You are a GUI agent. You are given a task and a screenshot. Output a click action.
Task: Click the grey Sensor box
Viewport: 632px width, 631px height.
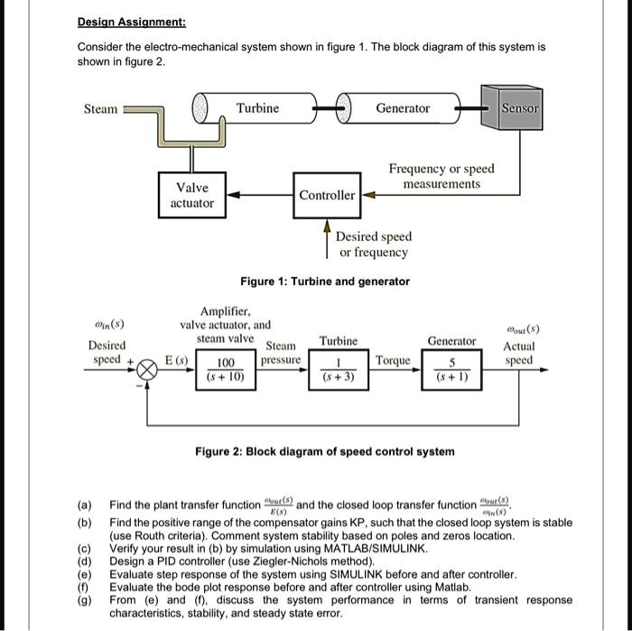click(x=520, y=108)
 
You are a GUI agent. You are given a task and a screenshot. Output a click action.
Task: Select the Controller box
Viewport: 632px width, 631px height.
click(x=327, y=195)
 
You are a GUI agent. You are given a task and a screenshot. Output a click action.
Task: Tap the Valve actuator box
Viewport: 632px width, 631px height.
click(x=192, y=195)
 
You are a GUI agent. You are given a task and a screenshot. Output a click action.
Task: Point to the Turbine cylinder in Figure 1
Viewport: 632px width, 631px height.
click(x=257, y=108)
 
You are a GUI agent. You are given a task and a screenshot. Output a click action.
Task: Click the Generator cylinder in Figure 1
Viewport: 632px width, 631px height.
click(x=403, y=108)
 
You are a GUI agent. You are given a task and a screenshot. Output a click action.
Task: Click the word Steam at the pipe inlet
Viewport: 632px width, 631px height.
click(x=100, y=109)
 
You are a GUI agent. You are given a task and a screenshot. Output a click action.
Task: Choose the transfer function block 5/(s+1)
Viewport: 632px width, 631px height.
click(x=452, y=371)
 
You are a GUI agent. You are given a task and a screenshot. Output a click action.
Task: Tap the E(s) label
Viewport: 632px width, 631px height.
click(x=172, y=360)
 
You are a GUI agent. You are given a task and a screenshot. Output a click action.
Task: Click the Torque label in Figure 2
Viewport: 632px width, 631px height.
click(x=393, y=360)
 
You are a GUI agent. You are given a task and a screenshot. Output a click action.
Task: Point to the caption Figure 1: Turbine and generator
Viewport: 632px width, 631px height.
click(x=324, y=282)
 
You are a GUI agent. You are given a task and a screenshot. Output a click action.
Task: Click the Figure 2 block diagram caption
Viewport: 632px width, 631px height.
click(x=325, y=450)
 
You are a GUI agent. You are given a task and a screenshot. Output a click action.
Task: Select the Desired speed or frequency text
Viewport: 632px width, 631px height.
click(x=374, y=245)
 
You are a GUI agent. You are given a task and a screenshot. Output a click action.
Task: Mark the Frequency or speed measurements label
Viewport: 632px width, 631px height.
click(x=441, y=176)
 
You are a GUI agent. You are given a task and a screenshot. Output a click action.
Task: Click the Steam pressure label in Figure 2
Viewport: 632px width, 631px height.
click(x=281, y=353)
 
